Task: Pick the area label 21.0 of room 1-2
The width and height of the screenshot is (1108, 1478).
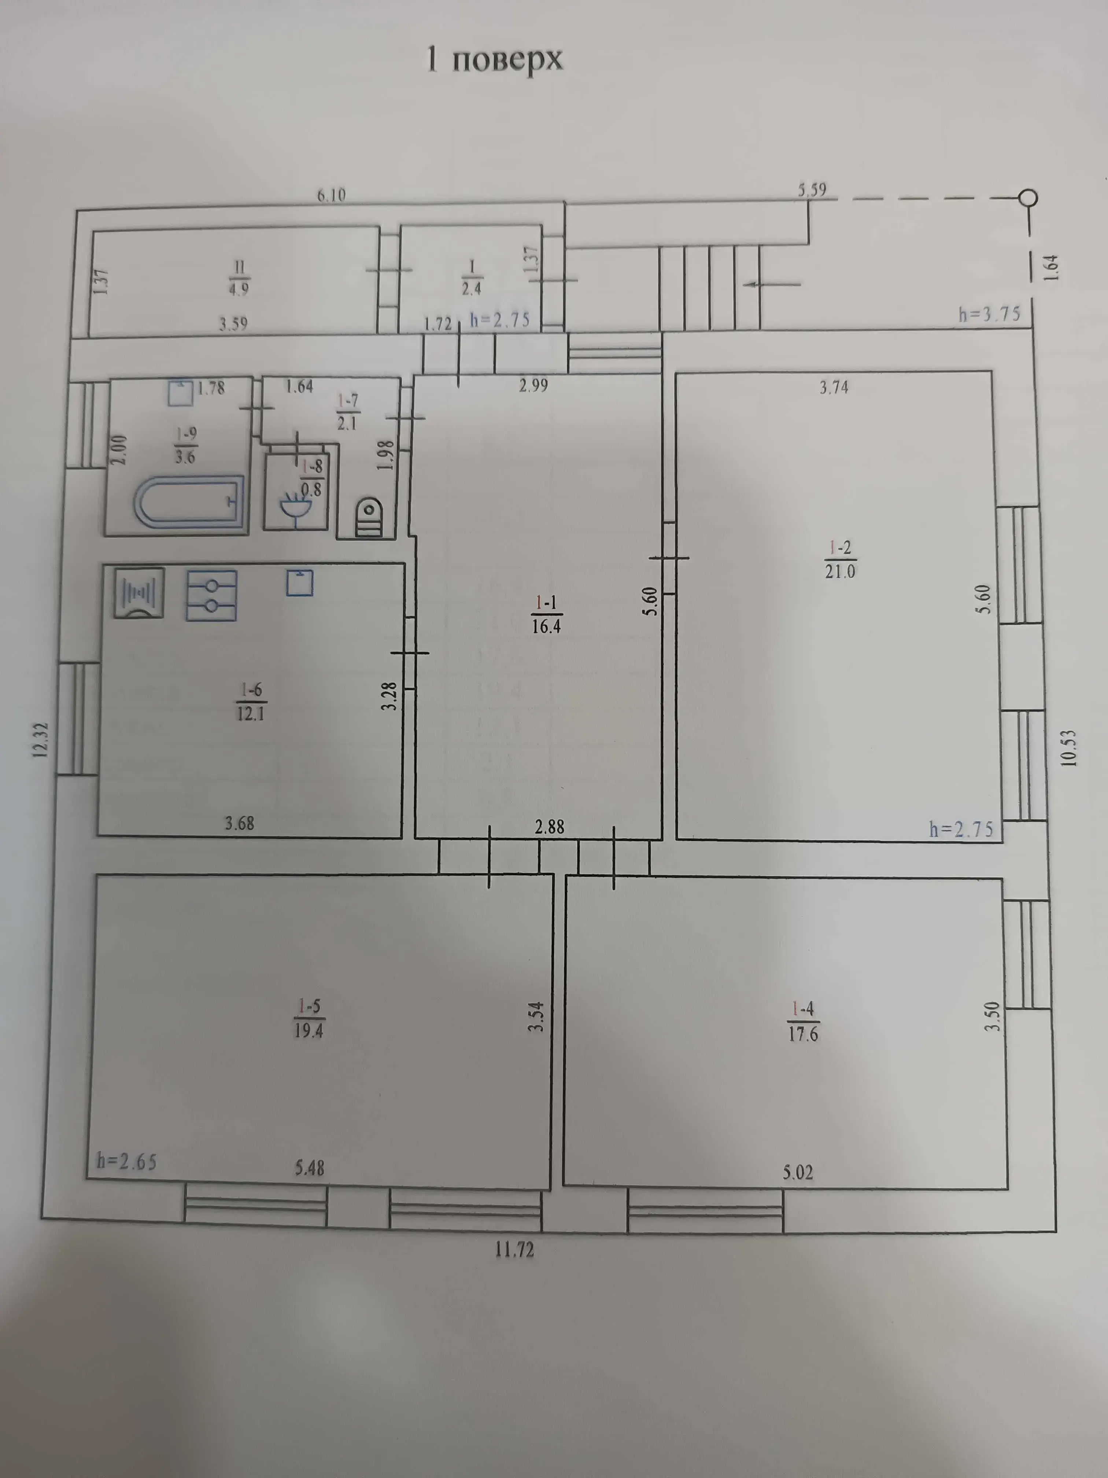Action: [839, 571]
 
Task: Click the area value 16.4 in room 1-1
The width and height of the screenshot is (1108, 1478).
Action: [546, 626]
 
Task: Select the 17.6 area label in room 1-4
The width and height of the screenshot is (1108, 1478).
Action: [802, 1034]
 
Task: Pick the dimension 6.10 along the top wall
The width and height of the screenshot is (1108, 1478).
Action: [331, 195]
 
